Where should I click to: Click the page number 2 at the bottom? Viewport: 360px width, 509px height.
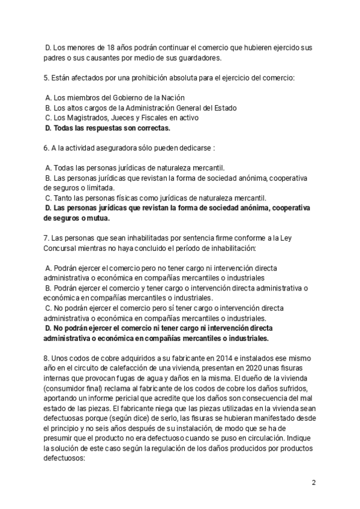coord(313,483)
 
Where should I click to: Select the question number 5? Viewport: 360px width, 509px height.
coord(46,77)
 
